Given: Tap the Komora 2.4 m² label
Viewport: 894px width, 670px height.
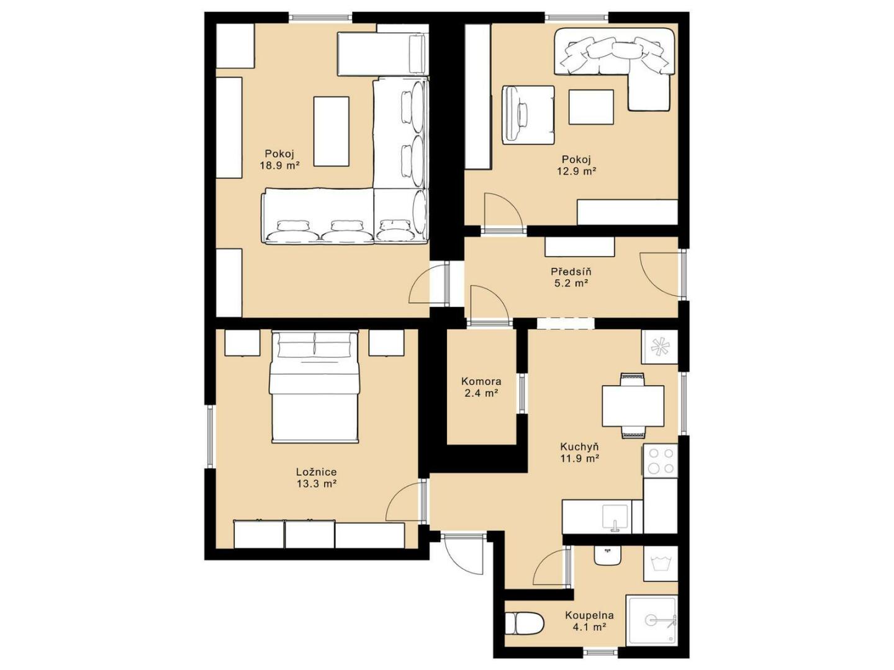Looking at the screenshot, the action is tap(481, 387).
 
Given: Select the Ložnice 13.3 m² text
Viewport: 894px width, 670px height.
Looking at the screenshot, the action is tap(317, 478).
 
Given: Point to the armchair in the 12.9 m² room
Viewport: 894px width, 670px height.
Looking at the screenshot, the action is tap(528, 115).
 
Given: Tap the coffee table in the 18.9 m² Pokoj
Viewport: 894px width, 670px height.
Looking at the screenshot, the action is tap(331, 132).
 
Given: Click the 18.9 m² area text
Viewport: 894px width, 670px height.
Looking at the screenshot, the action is tap(280, 166).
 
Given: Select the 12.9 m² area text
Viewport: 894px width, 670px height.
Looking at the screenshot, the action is tap(577, 171).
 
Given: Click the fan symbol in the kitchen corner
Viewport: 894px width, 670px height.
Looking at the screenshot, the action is tap(659, 347).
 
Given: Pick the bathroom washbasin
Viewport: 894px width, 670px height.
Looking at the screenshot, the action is tap(607, 555).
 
